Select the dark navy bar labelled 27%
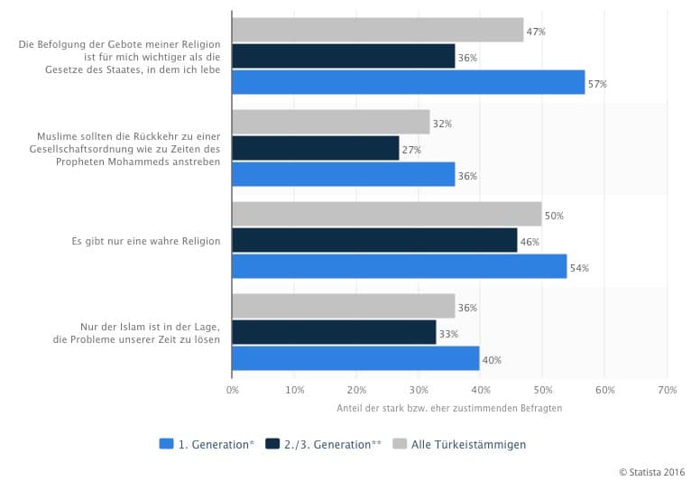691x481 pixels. click(315, 149)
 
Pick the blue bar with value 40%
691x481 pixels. click(355, 359)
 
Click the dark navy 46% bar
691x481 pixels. click(374, 241)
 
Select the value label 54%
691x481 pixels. click(582, 268)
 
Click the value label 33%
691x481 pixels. click(449, 334)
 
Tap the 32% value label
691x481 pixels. click(442, 124)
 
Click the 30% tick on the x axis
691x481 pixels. click(419, 390)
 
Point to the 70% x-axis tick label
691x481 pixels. click(667, 390)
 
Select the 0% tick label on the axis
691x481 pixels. click(233, 390)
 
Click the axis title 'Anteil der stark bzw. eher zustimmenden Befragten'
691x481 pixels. click(448, 408)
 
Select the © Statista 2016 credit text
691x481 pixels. click(651, 471)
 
